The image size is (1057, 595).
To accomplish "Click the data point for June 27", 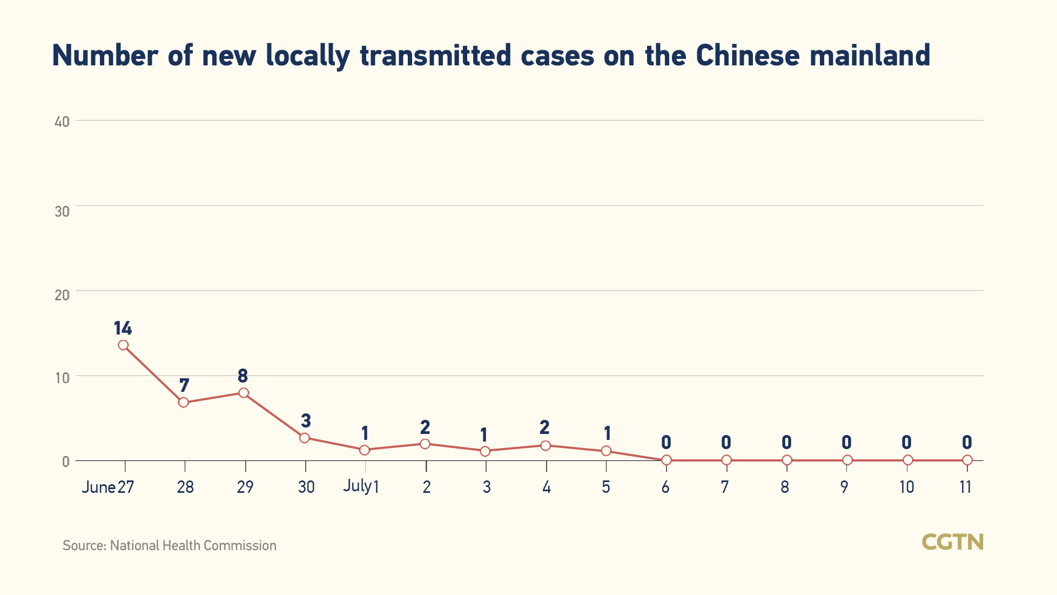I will [123, 345].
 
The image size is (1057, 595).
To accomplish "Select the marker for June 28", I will [184, 402].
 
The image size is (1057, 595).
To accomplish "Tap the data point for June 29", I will [244, 393].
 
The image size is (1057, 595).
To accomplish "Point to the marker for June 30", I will [305, 438].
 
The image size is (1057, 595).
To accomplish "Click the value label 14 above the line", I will [123, 328].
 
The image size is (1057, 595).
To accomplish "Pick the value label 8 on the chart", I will [243, 376].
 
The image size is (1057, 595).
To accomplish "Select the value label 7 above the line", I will [184, 385].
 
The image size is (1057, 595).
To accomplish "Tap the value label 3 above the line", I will [306, 420].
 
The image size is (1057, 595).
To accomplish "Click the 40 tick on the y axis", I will [62, 122].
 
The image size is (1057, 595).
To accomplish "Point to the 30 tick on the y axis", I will [62, 211].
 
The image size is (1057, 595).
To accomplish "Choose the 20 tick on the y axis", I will [62, 295].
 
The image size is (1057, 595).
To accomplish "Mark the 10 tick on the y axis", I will [62, 378].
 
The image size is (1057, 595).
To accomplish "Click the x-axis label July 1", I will [361, 486].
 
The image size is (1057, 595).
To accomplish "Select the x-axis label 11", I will [966, 487].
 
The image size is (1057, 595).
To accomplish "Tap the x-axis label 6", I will [665, 487].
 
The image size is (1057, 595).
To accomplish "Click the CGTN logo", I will [952, 542].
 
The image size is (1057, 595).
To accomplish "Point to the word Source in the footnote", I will [84, 546].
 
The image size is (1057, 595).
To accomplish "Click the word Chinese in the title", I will [748, 56].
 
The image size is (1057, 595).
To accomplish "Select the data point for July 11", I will [967, 460].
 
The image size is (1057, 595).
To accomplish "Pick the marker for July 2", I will [425, 444].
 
